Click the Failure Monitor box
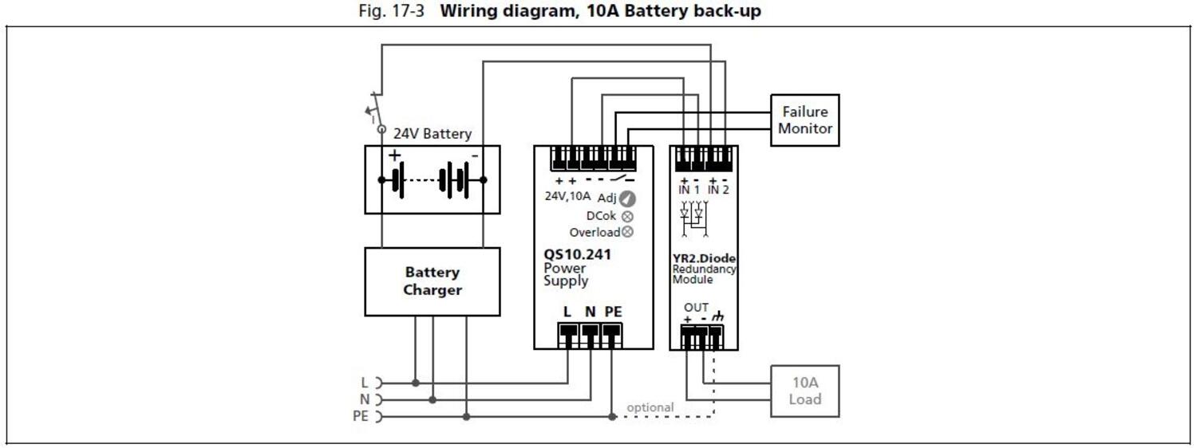tap(804, 120)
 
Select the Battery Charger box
tap(432, 281)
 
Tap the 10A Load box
tap(804, 391)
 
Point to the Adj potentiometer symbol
tap(627, 198)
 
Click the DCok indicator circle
tap(627, 216)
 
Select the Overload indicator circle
tap(627, 232)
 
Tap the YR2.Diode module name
tap(704, 258)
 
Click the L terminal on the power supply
tap(567, 338)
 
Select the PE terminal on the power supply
tap(612, 338)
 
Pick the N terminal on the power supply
tap(590, 338)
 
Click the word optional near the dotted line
tap(650, 407)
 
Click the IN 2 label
tap(719, 190)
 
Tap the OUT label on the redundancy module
tap(696, 308)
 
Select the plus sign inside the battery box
tap(394, 155)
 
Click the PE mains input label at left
tap(360, 416)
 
